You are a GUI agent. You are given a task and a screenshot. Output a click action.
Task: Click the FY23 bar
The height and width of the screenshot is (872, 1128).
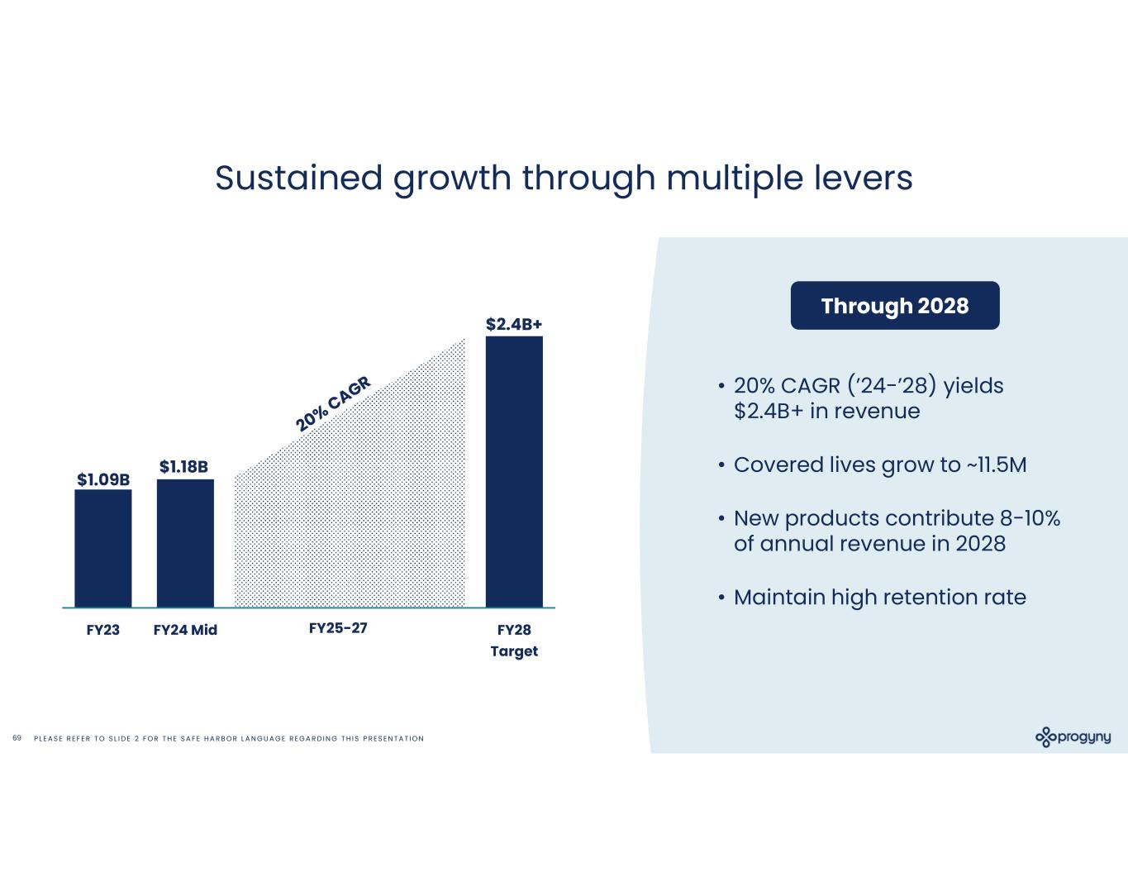point(102,548)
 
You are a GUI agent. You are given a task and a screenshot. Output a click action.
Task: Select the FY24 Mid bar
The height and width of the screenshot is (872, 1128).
point(185,543)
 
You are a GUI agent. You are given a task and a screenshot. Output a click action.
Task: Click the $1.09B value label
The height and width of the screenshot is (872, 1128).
point(103,479)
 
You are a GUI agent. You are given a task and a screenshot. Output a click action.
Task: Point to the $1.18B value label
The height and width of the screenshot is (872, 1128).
point(183,467)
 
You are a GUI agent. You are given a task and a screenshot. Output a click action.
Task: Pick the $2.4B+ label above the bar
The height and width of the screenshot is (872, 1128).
point(514,324)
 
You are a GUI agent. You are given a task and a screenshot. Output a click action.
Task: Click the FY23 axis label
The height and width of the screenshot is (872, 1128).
point(103,630)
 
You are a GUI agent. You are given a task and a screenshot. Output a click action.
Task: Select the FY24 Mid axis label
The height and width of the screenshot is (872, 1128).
point(185,630)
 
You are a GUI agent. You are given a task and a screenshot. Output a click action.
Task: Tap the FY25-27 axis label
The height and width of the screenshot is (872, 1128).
point(337,628)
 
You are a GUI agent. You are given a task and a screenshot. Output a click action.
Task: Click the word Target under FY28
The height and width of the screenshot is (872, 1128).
point(514,651)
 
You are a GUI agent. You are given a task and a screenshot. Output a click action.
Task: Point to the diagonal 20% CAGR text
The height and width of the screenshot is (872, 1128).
point(334,403)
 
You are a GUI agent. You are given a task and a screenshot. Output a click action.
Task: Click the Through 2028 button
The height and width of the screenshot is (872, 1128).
point(895,306)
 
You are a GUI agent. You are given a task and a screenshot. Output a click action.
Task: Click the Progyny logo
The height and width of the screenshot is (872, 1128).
point(1073,737)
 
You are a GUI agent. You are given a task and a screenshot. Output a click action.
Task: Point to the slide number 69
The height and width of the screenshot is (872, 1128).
point(17,737)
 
